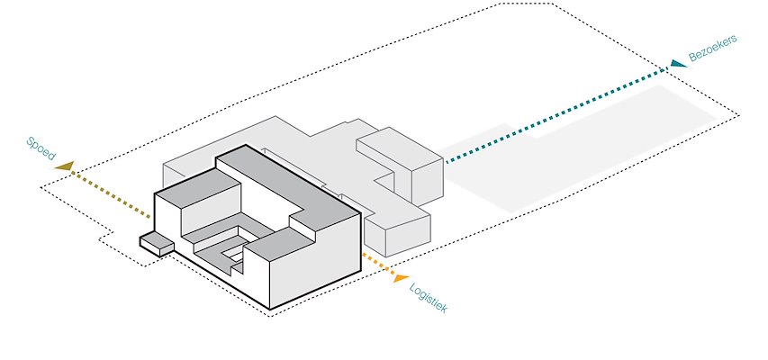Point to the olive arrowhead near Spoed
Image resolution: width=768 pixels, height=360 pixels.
click(x=64, y=166)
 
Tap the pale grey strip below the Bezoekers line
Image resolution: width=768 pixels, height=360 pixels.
click(x=585, y=153)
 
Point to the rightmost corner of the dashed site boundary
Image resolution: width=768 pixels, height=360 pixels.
click(x=739, y=115)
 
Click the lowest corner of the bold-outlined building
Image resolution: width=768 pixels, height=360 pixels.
click(x=270, y=309)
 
